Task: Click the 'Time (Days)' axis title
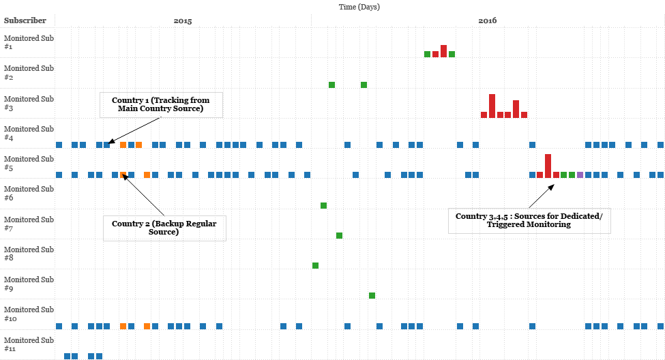coord(359,7)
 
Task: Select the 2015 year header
coord(183,21)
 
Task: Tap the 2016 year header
coord(487,21)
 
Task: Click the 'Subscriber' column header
coord(25,21)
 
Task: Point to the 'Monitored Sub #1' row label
coord(29,42)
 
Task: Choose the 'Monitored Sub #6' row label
coord(29,193)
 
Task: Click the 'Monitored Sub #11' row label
coord(29,344)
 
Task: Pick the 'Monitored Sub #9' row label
coord(29,284)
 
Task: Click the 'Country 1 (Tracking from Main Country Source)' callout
coord(161,104)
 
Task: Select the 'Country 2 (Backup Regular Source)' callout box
coord(164,228)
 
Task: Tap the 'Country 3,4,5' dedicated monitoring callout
coord(529,220)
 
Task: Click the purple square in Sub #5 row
coord(580,175)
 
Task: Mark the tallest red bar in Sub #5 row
coord(548,166)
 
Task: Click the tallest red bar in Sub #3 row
coord(492,106)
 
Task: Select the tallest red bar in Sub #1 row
coord(443,51)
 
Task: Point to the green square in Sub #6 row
coord(323,205)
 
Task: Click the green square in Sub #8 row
coord(315,265)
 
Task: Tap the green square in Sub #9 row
coord(372,295)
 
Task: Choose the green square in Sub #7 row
coord(339,235)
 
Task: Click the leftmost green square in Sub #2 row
coord(331,85)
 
